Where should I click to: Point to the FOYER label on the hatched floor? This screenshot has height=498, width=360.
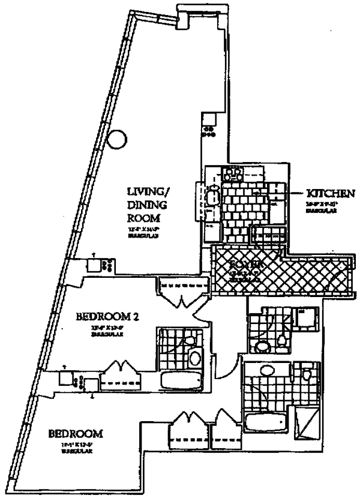245,264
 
